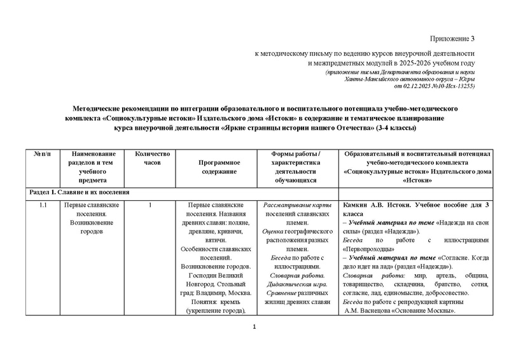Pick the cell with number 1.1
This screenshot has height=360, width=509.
43,205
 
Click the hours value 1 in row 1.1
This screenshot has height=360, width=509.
149,205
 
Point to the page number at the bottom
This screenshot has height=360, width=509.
254,327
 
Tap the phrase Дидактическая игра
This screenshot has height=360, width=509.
293,284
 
